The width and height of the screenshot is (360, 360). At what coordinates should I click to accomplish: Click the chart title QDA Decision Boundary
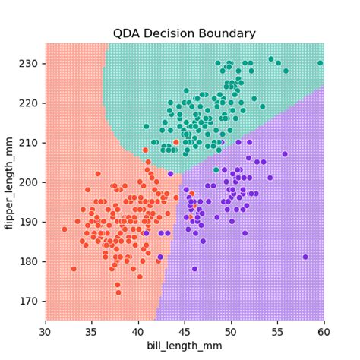[185, 33]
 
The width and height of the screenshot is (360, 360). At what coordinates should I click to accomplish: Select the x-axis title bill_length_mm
[185, 346]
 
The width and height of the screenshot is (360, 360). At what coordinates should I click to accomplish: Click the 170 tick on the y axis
[31, 301]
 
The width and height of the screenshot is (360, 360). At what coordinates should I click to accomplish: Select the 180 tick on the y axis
[31, 261]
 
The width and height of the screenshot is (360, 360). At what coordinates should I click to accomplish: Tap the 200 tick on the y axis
[31, 182]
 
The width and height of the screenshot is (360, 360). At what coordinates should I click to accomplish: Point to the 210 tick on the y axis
[31, 142]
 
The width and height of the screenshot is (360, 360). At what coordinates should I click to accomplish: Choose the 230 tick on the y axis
[31, 63]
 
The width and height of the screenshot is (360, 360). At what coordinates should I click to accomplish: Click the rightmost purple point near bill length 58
[305, 257]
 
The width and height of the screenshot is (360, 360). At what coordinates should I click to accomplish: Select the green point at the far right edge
[321, 63]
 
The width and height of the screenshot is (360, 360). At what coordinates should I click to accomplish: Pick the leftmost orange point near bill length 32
[65, 229]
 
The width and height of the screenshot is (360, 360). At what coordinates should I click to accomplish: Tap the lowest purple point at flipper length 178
[194, 269]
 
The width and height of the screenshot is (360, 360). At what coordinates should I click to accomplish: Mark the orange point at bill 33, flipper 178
[74, 269]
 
